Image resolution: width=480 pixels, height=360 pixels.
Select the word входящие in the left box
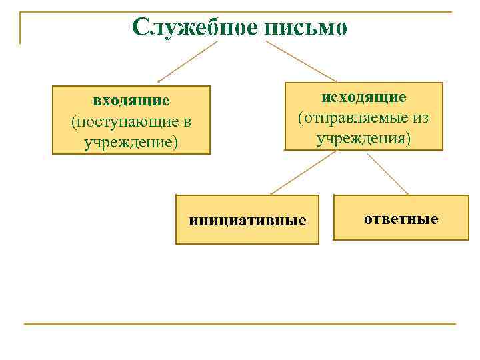pos(131,101)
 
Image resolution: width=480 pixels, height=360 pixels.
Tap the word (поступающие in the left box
pos(125,122)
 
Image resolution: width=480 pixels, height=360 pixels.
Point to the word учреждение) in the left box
pos(131,143)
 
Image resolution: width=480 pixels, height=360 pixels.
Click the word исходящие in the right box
pos(364,97)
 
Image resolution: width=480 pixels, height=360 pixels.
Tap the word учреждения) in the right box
pos(364,139)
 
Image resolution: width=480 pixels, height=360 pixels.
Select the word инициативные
pos(247,221)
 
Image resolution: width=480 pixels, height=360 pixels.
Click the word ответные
pos(401,218)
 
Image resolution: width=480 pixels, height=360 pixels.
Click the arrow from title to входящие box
pos(188,61)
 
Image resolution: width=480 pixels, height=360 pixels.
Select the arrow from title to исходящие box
pos(301,61)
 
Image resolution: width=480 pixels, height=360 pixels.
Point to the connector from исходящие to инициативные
pos(303,172)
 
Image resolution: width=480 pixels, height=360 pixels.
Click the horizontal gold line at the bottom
pos(240,324)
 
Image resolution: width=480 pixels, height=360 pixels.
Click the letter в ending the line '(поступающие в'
pos(187,122)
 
